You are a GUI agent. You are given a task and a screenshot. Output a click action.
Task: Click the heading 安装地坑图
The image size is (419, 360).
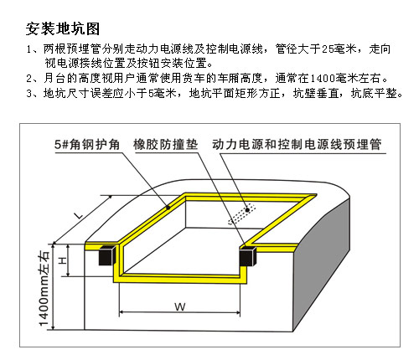(63, 28)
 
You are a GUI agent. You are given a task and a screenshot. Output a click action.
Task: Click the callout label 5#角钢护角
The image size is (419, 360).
(87, 145)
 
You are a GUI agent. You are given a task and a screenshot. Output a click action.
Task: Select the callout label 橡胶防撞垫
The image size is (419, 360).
(166, 145)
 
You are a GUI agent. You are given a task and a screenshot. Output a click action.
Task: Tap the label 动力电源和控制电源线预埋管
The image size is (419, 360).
(297, 145)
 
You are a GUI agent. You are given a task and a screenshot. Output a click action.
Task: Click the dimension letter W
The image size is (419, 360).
(180, 306)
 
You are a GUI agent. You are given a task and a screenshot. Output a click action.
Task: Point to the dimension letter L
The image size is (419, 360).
(79, 215)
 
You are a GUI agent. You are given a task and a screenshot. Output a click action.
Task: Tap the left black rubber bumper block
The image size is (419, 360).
(107, 255)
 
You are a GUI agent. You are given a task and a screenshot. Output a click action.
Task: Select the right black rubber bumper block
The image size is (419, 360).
(247, 256)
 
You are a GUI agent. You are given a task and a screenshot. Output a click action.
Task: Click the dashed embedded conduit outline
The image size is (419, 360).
(242, 213)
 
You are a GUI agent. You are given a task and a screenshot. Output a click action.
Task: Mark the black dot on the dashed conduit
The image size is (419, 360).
(247, 210)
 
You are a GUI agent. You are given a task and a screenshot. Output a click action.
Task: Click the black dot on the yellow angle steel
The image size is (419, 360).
(168, 208)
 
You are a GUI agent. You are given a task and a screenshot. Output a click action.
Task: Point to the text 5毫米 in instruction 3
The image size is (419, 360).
(162, 93)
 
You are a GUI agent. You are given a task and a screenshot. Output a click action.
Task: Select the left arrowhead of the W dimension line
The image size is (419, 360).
(122, 312)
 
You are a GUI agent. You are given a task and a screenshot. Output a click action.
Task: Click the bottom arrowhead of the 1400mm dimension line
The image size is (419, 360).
(53, 327)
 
